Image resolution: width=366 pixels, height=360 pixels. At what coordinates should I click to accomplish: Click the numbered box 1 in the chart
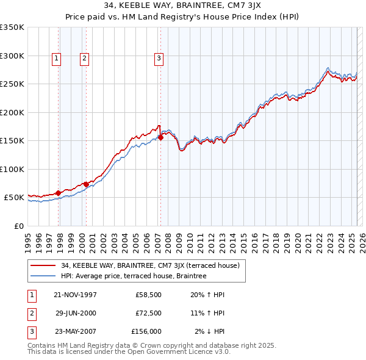click(56, 59)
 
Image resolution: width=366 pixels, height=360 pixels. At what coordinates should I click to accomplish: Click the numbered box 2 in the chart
click(84, 59)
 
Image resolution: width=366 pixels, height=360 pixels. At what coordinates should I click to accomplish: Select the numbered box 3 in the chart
click(159, 59)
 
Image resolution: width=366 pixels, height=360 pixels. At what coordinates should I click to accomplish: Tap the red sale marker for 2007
click(161, 138)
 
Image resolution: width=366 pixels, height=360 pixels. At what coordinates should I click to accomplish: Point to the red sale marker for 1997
click(59, 193)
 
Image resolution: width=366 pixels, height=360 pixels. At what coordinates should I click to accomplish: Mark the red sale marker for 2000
click(87, 184)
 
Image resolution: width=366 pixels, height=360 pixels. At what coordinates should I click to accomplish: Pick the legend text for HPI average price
click(134, 276)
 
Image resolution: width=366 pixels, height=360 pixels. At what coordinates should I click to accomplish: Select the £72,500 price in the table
click(148, 313)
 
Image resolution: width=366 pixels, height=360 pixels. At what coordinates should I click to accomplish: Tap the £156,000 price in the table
click(146, 331)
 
